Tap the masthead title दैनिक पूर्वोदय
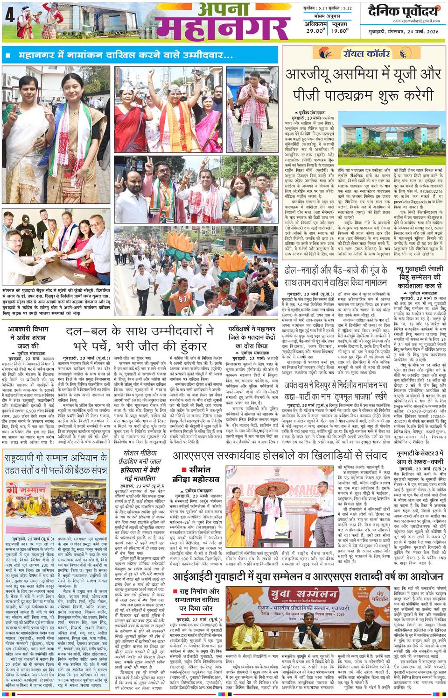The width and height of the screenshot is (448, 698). [x=403, y=11]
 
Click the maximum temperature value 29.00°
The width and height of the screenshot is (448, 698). [x=315, y=31]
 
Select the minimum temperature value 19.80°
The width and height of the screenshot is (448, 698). [x=341, y=31]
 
